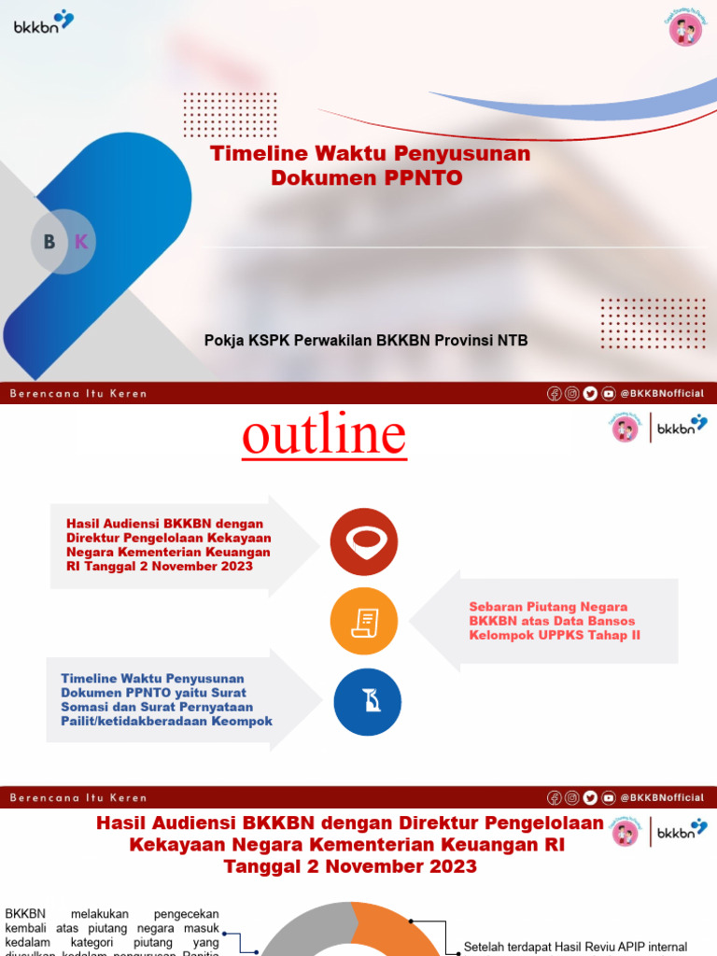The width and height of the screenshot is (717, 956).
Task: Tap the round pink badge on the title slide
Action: pos(685,29)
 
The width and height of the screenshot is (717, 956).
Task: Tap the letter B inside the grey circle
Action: pos(49,242)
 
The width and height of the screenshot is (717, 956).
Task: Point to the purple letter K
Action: pos(81,242)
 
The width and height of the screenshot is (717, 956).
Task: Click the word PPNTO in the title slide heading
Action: pos(423,177)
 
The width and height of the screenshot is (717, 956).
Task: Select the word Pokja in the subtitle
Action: pos(224,341)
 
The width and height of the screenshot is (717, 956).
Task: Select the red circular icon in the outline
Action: pos(364,541)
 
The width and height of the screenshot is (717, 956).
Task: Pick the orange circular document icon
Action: pos(364,622)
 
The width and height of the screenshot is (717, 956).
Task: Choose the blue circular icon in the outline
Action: pos(368,702)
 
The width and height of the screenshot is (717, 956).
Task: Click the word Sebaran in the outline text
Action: pos(499,607)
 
